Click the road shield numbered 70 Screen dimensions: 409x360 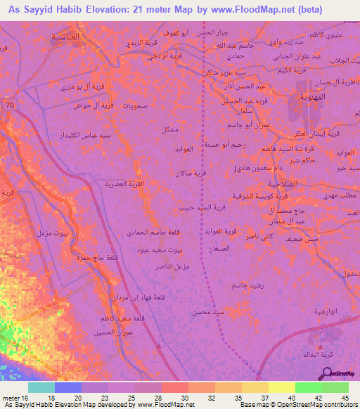click(x=9, y=105)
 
